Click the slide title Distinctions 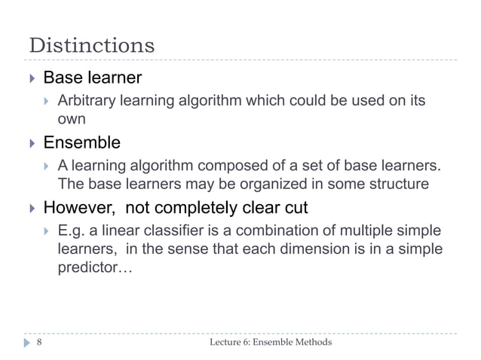(91, 44)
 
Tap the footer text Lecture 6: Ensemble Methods (270, 343)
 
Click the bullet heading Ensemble (81, 142)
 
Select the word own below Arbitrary (72, 119)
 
